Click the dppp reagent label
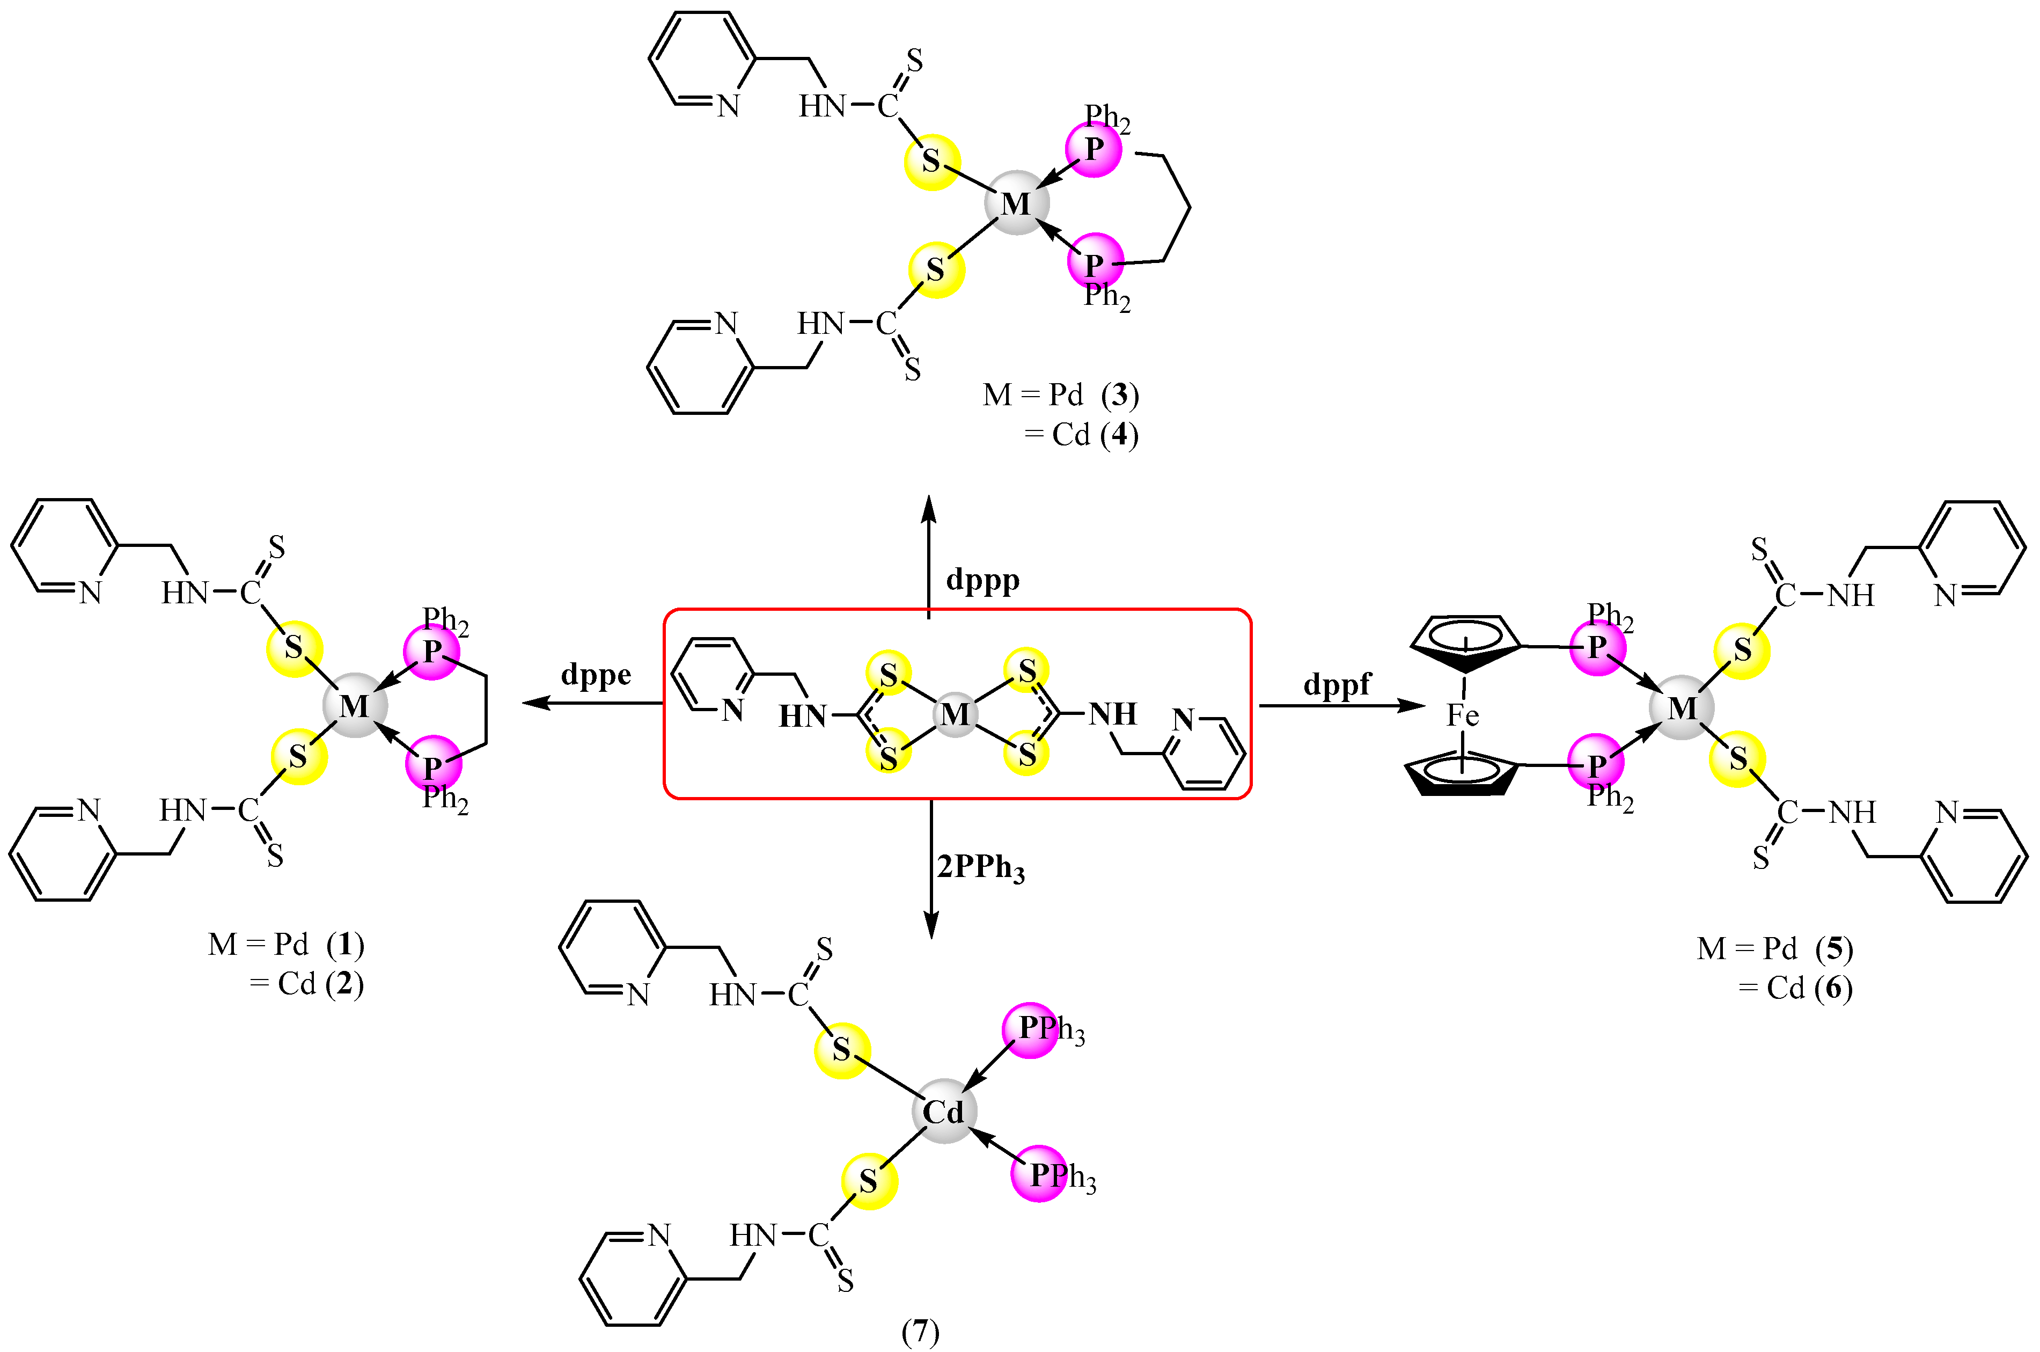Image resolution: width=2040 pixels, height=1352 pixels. click(982, 580)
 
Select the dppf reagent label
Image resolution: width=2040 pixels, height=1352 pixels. click(1337, 685)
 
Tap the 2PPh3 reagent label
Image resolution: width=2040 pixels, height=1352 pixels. click(981, 867)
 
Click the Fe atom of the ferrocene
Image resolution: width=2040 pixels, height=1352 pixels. click(1463, 715)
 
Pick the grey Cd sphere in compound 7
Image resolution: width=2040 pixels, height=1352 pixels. click(944, 1112)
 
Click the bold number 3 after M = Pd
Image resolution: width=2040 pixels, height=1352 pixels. click(1120, 395)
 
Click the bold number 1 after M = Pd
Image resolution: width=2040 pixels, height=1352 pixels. click(346, 945)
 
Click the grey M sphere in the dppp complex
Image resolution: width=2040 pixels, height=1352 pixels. click(1017, 203)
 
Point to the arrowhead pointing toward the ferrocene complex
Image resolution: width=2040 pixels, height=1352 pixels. click(1413, 706)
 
